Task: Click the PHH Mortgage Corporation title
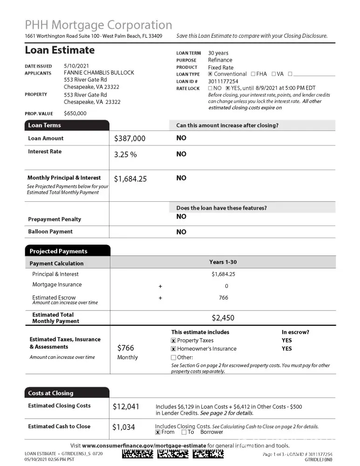[x=98, y=25]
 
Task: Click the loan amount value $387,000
[x=129, y=138]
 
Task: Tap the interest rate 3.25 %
[x=125, y=155]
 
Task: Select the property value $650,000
[x=75, y=113]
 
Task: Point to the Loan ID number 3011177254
[x=223, y=81]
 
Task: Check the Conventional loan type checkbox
[x=211, y=74]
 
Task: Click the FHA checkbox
[x=253, y=74]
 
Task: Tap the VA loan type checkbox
[x=274, y=74]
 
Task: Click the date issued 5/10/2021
[x=76, y=66]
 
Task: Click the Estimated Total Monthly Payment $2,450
[x=223, y=318]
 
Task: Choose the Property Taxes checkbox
[x=174, y=341]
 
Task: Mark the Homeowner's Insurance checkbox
[x=174, y=349]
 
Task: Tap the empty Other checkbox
[x=174, y=357]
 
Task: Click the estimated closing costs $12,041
[x=126, y=407]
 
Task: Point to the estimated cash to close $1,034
[x=123, y=427]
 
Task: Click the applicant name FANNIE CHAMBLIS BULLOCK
[x=99, y=73]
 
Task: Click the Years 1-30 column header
[x=223, y=262]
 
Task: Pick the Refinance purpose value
[x=220, y=60]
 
